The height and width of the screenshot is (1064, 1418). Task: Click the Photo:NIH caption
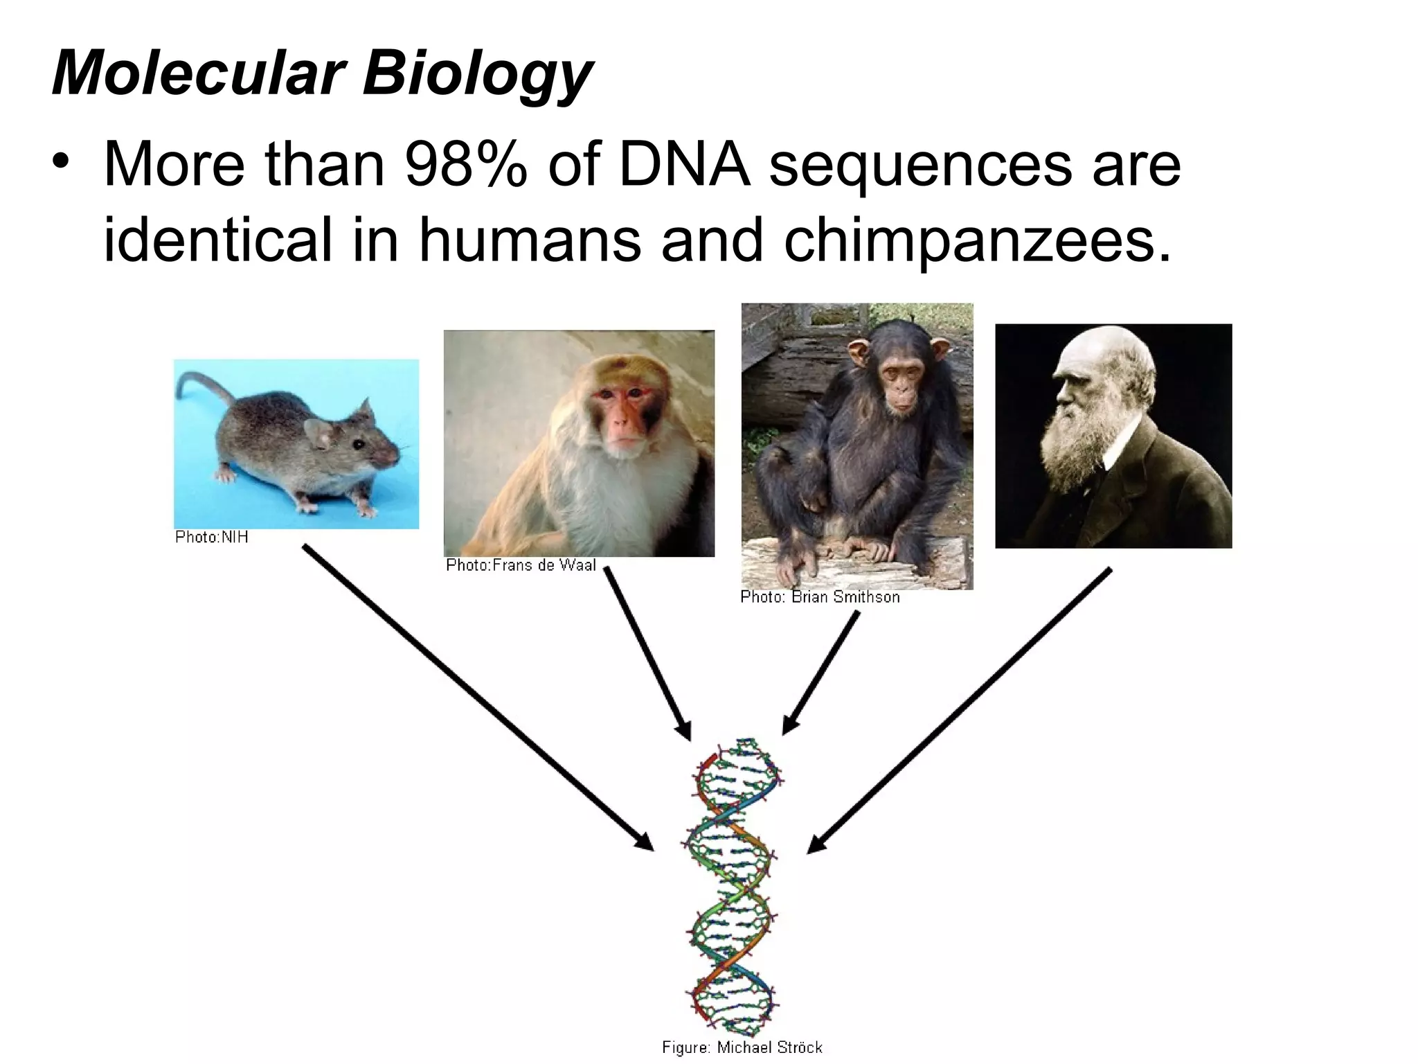click(x=212, y=537)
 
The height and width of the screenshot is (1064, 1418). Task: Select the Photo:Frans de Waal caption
click(x=521, y=565)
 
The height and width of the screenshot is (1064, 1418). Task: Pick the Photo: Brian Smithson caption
click(x=820, y=596)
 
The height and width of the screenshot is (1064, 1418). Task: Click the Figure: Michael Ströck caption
click(x=742, y=1047)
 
